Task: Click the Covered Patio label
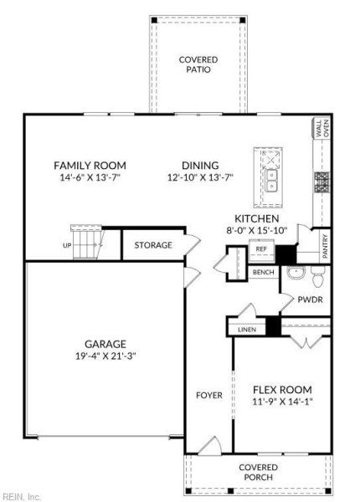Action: click(x=198, y=64)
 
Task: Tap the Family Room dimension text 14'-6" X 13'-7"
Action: click(x=90, y=177)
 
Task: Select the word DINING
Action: click(x=200, y=165)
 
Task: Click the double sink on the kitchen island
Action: click(x=271, y=181)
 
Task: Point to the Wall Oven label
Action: click(x=321, y=128)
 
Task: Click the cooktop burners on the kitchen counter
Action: click(x=321, y=182)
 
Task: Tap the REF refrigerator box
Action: click(x=261, y=250)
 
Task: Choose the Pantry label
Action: click(x=325, y=246)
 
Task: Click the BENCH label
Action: click(x=263, y=272)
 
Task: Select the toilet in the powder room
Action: click(x=318, y=277)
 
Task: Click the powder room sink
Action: click(x=296, y=273)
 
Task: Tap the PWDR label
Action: click(x=310, y=300)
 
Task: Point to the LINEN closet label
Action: click(x=247, y=330)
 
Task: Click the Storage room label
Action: click(x=153, y=245)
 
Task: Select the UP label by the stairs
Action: click(x=67, y=245)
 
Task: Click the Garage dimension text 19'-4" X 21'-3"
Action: click(x=105, y=356)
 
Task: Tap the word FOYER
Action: click(x=209, y=395)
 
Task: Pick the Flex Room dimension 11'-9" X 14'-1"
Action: click(x=282, y=402)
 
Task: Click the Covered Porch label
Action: click(x=258, y=472)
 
